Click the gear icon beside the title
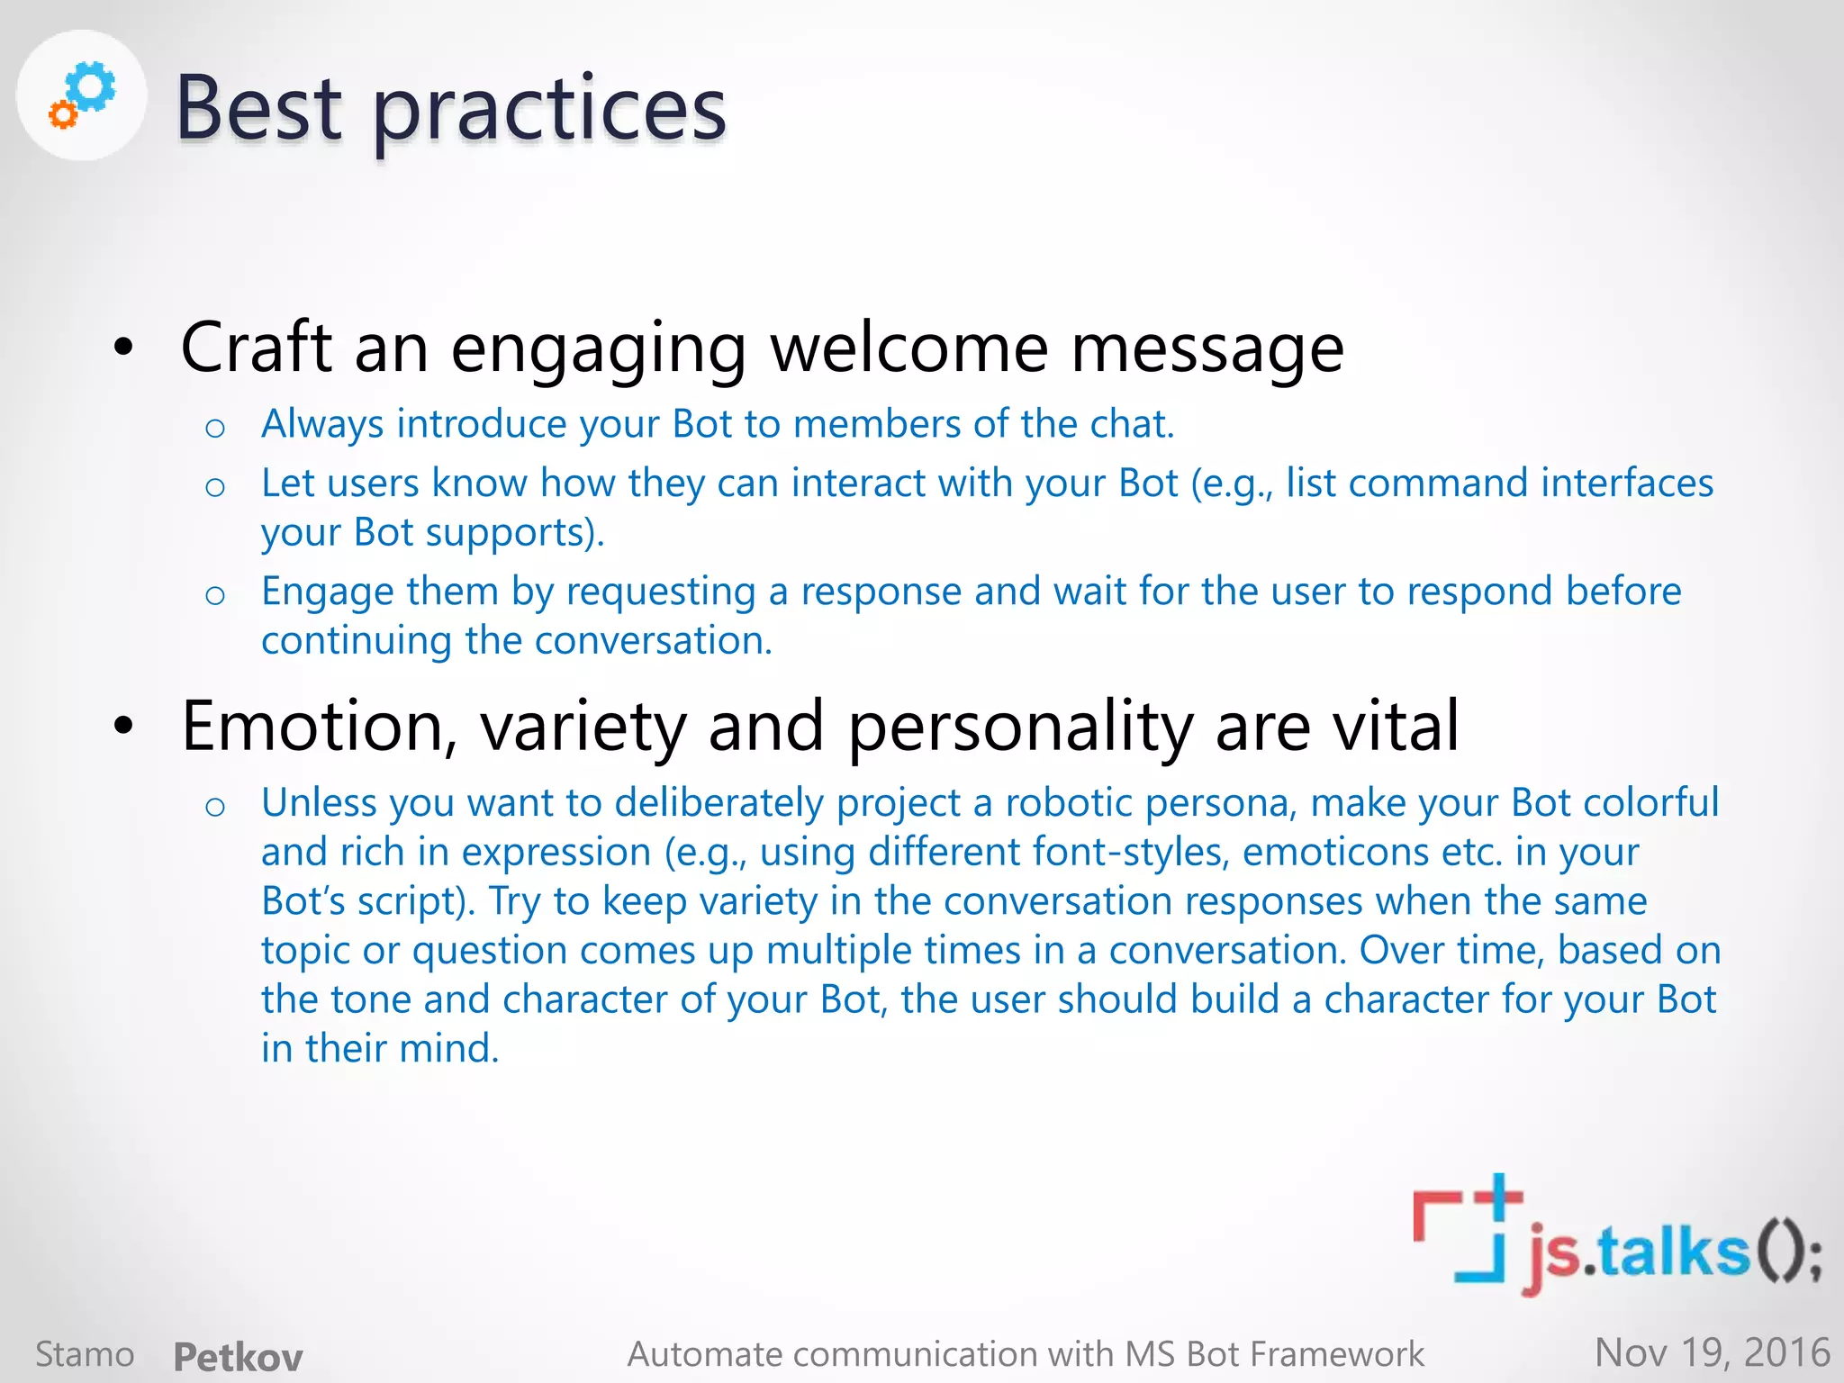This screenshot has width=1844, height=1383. (82, 95)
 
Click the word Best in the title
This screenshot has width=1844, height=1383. (258, 109)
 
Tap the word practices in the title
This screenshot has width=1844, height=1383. (548, 113)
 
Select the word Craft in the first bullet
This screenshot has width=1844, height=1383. (257, 348)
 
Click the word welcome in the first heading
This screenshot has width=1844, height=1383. (909, 348)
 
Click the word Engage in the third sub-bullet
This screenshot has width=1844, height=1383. (328, 592)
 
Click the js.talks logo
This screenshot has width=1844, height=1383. (1616, 1238)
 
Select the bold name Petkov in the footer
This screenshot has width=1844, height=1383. (238, 1356)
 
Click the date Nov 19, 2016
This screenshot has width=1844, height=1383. (1712, 1353)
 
